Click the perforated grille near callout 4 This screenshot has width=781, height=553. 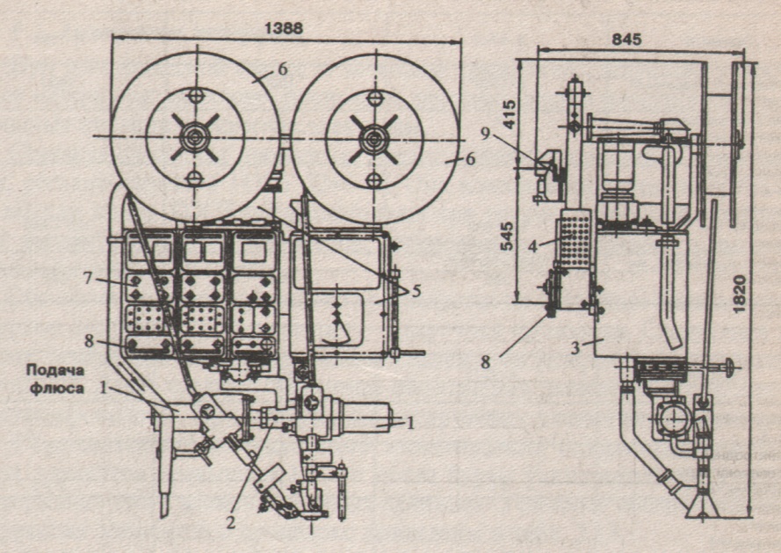tap(574, 238)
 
